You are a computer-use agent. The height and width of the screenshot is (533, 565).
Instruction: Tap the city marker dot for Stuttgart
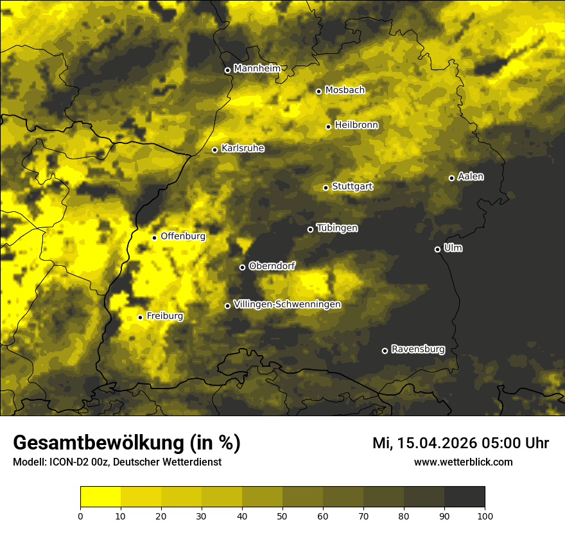click(326, 188)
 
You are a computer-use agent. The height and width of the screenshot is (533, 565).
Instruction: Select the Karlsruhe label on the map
click(242, 148)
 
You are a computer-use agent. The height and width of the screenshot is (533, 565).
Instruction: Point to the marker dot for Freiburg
click(140, 317)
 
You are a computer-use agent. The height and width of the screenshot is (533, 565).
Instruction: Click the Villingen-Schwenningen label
click(287, 304)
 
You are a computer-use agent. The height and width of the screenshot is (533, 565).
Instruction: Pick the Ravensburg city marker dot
click(385, 351)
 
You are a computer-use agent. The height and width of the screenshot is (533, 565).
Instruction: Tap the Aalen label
click(470, 177)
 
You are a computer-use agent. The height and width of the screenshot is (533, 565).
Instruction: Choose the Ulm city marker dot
click(437, 249)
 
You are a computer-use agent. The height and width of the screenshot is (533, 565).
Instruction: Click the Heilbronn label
click(356, 125)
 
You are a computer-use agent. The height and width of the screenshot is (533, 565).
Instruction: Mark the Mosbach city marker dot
click(318, 91)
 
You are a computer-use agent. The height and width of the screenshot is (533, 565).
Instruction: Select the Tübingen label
click(336, 228)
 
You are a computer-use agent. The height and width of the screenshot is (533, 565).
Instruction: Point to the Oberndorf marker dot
click(242, 267)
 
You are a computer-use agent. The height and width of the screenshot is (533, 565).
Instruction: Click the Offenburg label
click(182, 236)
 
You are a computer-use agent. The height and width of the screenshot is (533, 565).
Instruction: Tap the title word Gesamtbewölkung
click(98, 443)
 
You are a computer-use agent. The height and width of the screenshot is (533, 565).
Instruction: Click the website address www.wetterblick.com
click(463, 462)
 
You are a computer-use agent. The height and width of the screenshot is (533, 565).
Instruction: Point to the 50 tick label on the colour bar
click(282, 515)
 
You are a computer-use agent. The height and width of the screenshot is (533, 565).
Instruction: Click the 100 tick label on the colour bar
click(485, 515)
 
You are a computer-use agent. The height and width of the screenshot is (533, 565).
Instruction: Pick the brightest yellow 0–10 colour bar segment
click(100, 496)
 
